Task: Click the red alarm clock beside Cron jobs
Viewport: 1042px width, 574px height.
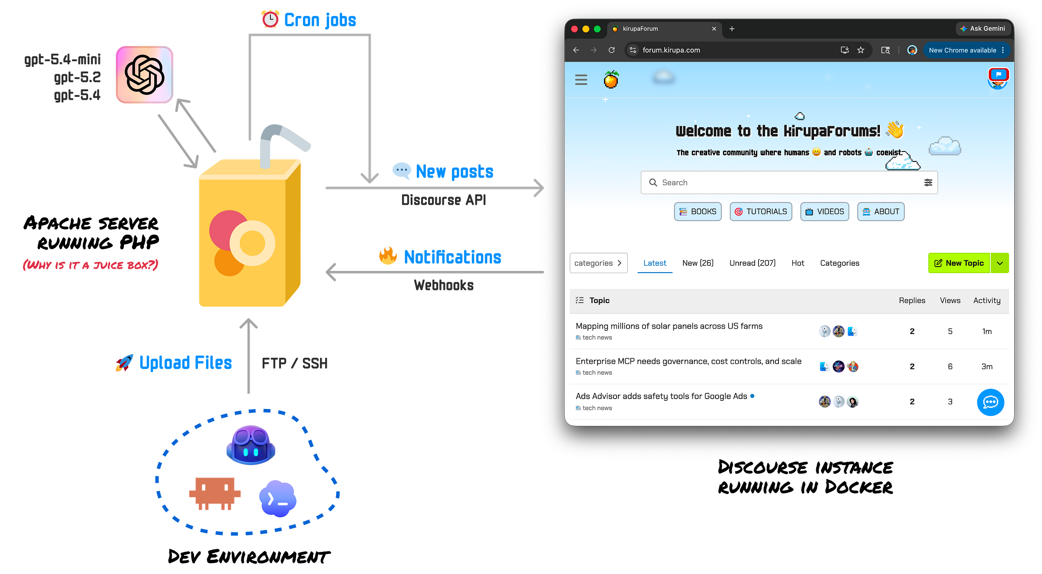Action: pyautogui.click(x=270, y=19)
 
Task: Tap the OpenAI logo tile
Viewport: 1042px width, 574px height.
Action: pyautogui.click(x=145, y=75)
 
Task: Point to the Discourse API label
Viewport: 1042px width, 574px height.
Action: pyautogui.click(x=443, y=200)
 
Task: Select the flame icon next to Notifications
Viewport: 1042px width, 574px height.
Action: pyautogui.click(x=388, y=256)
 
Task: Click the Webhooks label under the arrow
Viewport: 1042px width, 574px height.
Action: pyautogui.click(x=443, y=285)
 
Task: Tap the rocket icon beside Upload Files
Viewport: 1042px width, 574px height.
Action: pyautogui.click(x=124, y=363)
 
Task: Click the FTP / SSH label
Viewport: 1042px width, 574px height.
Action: pyautogui.click(x=295, y=363)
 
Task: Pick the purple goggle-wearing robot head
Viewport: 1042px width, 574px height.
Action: pyautogui.click(x=251, y=445)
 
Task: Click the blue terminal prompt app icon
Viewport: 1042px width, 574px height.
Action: pyautogui.click(x=277, y=498)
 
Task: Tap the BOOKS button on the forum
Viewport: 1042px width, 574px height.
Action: pyautogui.click(x=698, y=211)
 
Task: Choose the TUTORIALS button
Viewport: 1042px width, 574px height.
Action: pyautogui.click(x=761, y=211)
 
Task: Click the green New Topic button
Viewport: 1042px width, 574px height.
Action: pyautogui.click(x=959, y=263)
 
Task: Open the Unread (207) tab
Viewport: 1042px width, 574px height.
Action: pyautogui.click(x=752, y=263)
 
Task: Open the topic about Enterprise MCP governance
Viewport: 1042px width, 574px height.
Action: pyautogui.click(x=688, y=361)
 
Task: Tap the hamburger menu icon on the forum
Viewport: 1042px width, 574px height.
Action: pyautogui.click(x=581, y=80)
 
